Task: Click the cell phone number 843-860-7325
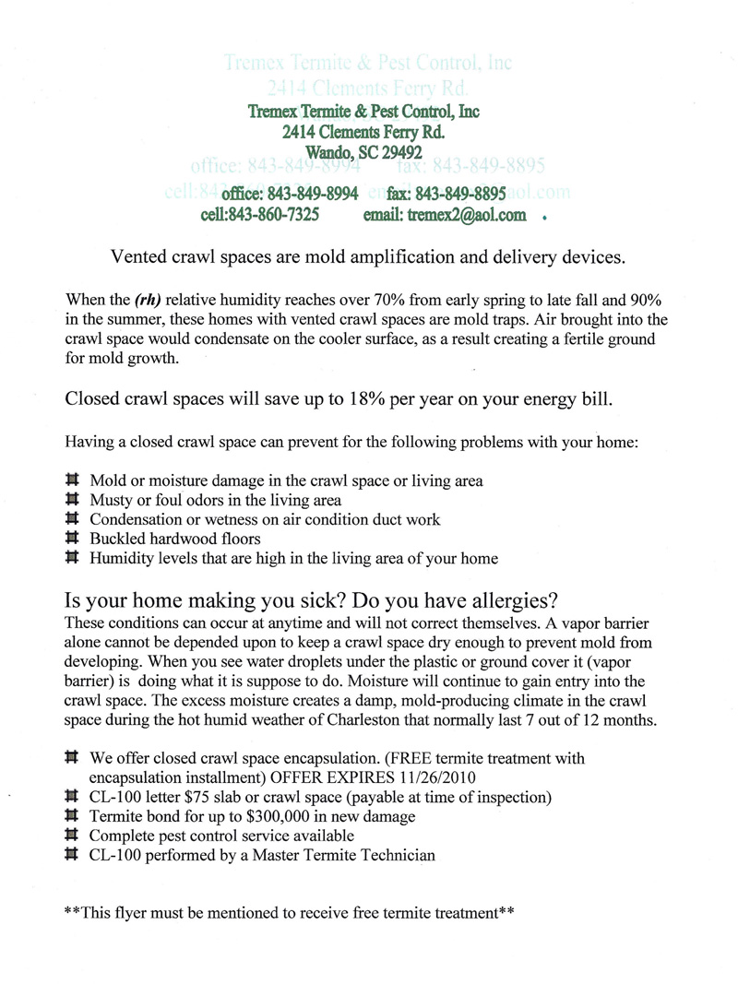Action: point(273,215)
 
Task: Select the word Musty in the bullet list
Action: point(112,501)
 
